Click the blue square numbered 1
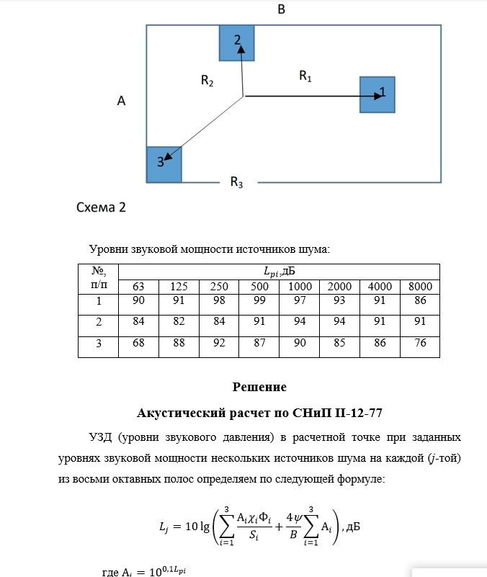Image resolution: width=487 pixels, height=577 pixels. click(x=377, y=94)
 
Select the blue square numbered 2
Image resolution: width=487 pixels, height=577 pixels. click(x=237, y=43)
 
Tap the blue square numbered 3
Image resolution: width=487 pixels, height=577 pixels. click(x=164, y=164)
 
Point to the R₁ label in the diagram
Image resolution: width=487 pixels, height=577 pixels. click(x=305, y=76)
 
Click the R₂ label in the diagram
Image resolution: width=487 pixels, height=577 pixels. click(x=207, y=82)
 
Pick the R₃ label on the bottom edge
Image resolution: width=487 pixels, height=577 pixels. click(x=236, y=183)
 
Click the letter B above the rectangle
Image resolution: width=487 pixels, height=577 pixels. click(x=282, y=9)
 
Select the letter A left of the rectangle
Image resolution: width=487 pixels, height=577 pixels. click(x=122, y=102)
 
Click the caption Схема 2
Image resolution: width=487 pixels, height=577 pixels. click(x=102, y=207)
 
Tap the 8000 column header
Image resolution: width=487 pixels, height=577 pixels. click(x=419, y=287)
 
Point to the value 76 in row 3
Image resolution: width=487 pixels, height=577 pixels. click(x=419, y=344)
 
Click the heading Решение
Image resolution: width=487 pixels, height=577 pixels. click(x=259, y=387)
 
